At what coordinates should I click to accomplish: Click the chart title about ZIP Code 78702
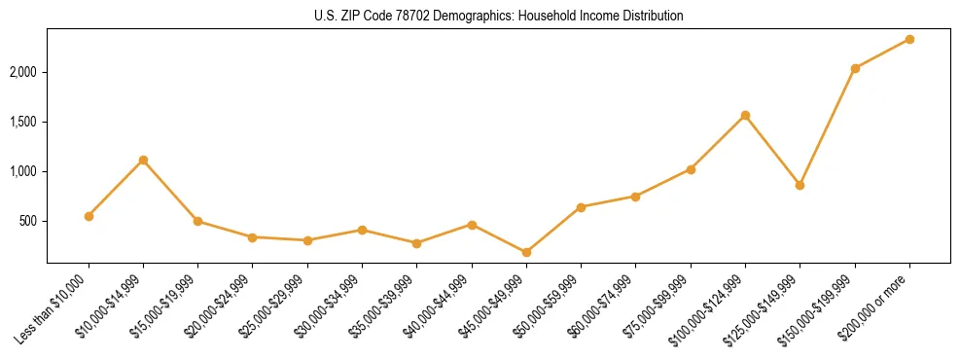(498, 17)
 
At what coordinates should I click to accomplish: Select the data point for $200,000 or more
(909, 39)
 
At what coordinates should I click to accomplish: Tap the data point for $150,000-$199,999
(855, 68)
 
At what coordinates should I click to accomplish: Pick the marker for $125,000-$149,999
(800, 185)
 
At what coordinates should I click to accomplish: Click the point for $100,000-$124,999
(745, 115)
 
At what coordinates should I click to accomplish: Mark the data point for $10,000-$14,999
(143, 160)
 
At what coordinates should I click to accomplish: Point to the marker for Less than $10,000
(89, 216)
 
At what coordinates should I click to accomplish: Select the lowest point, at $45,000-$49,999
(526, 252)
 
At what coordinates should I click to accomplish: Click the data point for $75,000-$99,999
(691, 169)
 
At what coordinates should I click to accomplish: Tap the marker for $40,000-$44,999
(472, 225)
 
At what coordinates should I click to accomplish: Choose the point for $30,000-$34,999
(362, 230)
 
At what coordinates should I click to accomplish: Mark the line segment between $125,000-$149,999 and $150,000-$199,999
(828, 126)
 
